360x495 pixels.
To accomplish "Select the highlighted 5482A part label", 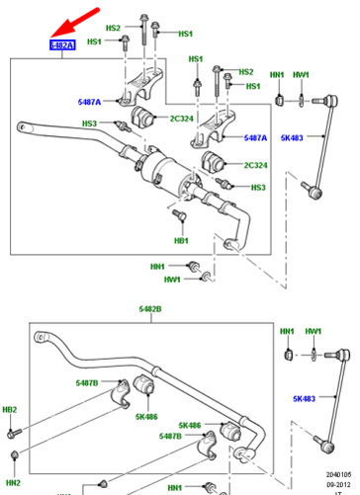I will click(x=61, y=45).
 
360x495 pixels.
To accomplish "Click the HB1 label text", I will click(x=181, y=240).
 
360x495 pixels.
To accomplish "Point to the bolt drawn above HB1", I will click(x=179, y=215).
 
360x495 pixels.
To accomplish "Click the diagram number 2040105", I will click(x=339, y=474).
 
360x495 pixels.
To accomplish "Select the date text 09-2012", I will click(x=340, y=485).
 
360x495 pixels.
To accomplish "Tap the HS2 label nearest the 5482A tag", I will click(x=115, y=29).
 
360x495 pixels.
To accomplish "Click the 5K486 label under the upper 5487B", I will click(x=146, y=417).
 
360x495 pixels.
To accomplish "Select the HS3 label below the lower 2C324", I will click(x=258, y=188).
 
